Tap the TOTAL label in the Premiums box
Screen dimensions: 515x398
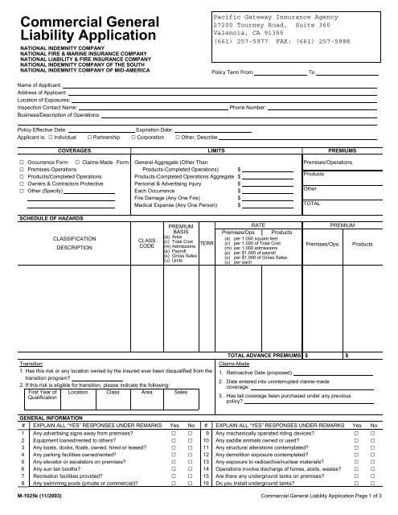click(313, 203)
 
